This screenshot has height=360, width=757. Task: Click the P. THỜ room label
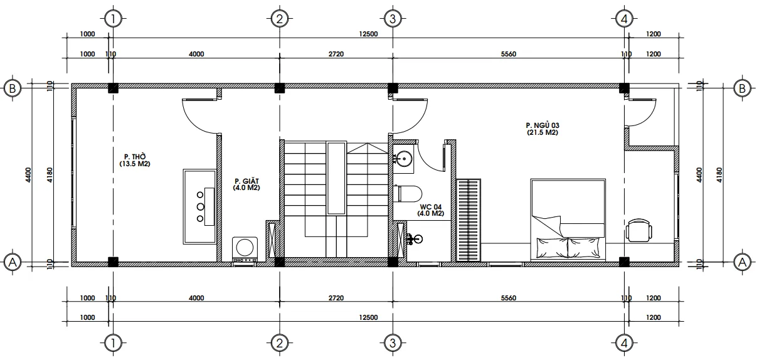135,160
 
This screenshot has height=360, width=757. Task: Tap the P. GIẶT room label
246,183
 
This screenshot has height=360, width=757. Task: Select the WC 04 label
431,209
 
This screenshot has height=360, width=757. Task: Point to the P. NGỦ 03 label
543,129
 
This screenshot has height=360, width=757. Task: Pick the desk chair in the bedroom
639,230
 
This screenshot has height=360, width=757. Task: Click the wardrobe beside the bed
470,220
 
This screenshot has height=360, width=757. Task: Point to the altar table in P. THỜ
200,206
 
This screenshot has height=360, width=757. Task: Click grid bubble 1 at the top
113,19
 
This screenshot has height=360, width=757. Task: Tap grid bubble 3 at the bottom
392,342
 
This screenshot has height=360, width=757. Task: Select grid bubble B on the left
12,88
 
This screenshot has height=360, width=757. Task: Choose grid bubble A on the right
742,262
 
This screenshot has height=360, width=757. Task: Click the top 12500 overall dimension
368,34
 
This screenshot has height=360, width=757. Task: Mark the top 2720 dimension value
336,55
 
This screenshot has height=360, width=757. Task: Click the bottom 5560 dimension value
508,299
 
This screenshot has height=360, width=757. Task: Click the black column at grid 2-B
280,88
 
